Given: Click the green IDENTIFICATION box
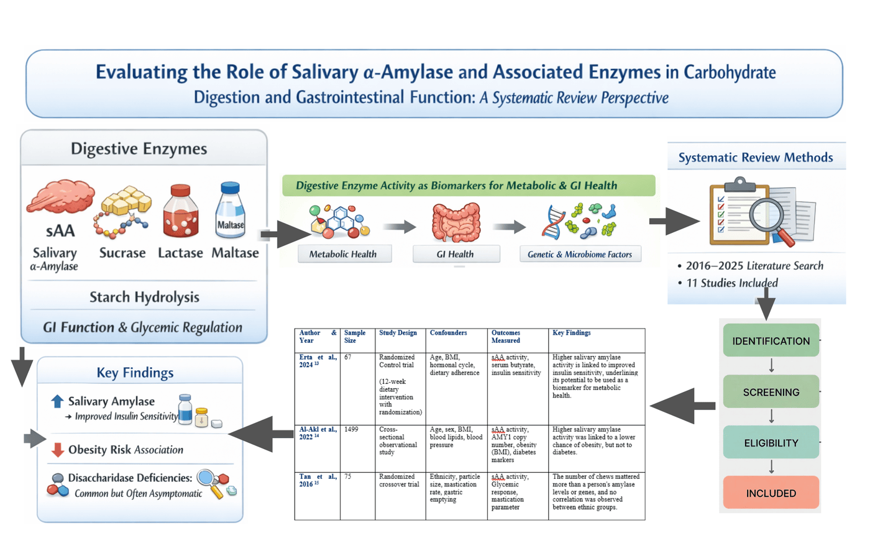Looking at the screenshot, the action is [771, 340].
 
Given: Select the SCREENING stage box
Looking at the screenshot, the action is [771, 392].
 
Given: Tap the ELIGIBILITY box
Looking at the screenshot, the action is [771, 442].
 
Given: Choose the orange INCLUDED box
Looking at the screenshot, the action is [771, 493].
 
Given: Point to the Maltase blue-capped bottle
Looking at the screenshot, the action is [231, 210].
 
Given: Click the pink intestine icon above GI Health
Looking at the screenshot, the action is [456, 222].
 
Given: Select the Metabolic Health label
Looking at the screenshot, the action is [343, 254].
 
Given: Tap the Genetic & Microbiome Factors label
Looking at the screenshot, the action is [580, 254].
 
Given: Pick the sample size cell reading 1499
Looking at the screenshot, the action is [351, 429].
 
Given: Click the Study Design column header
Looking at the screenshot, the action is [398, 333].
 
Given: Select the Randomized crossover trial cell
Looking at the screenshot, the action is [399, 480].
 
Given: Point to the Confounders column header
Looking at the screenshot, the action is [448, 333].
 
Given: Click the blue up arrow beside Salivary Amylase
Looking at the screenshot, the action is [57, 401].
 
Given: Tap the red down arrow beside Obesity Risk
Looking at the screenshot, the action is [57, 450].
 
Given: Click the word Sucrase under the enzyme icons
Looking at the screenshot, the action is [122, 253].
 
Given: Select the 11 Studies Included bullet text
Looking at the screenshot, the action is [732, 283].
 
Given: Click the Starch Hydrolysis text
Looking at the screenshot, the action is [144, 298].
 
